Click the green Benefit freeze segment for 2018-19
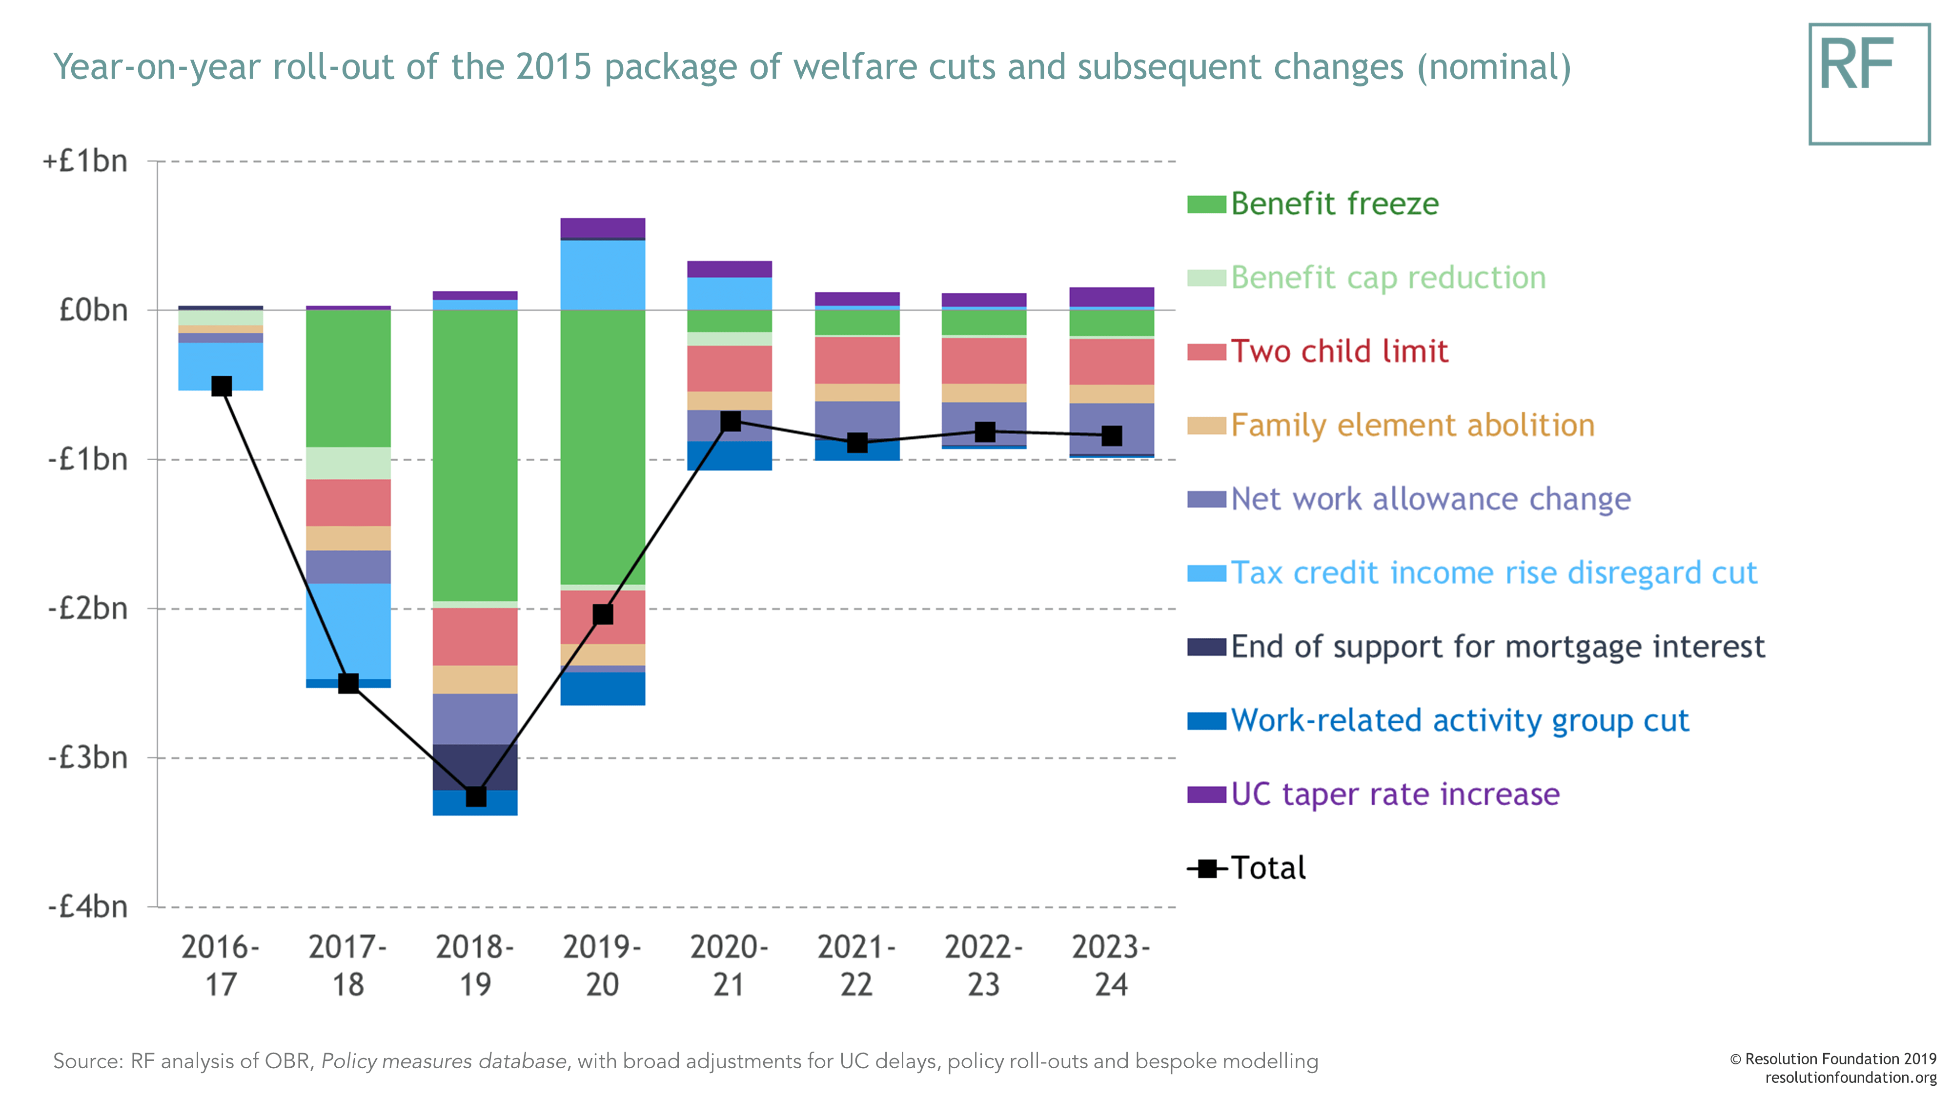pyautogui.click(x=475, y=455)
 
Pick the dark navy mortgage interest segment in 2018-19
pyautogui.click(x=475, y=767)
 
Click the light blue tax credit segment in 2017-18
pyautogui.click(x=348, y=631)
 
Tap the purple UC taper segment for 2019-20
pyautogui.click(x=602, y=228)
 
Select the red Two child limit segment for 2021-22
pyautogui.click(x=857, y=360)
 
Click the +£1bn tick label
pyautogui.click(x=85, y=162)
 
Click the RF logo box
pyautogui.click(x=1869, y=84)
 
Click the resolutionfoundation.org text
pyautogui.click(x=1850, y=1078)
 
